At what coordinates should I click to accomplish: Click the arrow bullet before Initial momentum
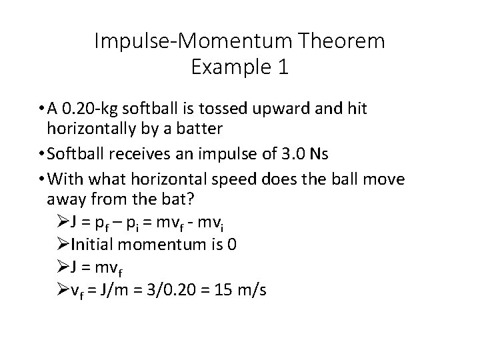(x=64, y=245)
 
